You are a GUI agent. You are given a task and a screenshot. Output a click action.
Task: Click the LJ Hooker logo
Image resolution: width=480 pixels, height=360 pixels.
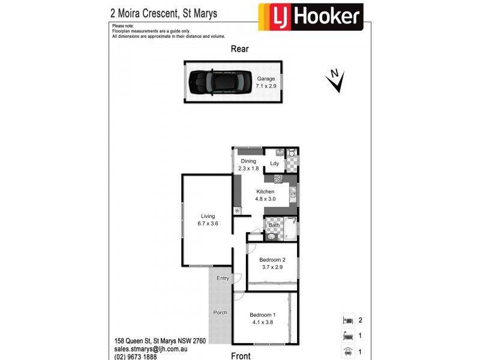click(x=311, y=17)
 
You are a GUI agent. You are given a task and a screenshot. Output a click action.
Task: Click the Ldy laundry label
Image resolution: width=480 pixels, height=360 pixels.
click(x=275, y=164)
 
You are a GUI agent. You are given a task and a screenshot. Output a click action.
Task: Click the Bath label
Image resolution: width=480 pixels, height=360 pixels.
click(x=274, y=226)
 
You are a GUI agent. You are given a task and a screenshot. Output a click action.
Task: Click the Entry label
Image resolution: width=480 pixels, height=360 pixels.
click(x=223, y=278)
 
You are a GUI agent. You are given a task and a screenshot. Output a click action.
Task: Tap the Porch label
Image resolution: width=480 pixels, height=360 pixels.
click(x=220, y=313)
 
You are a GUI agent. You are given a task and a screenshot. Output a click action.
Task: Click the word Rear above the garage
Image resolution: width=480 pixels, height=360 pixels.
click(x=240, y=49)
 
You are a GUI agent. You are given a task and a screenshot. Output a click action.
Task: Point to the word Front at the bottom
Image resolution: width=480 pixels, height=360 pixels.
click(x=241, y=356)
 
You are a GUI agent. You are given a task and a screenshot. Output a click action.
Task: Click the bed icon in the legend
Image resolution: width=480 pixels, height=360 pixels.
click(x=347, y=320)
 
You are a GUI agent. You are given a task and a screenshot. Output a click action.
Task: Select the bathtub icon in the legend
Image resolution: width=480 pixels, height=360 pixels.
click(x=347, y=337)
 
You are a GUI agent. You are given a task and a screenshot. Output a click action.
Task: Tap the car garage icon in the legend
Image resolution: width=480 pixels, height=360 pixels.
click(x=347, y=352)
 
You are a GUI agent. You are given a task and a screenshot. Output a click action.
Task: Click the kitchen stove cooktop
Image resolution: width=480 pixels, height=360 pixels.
click(x=278, y=178)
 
